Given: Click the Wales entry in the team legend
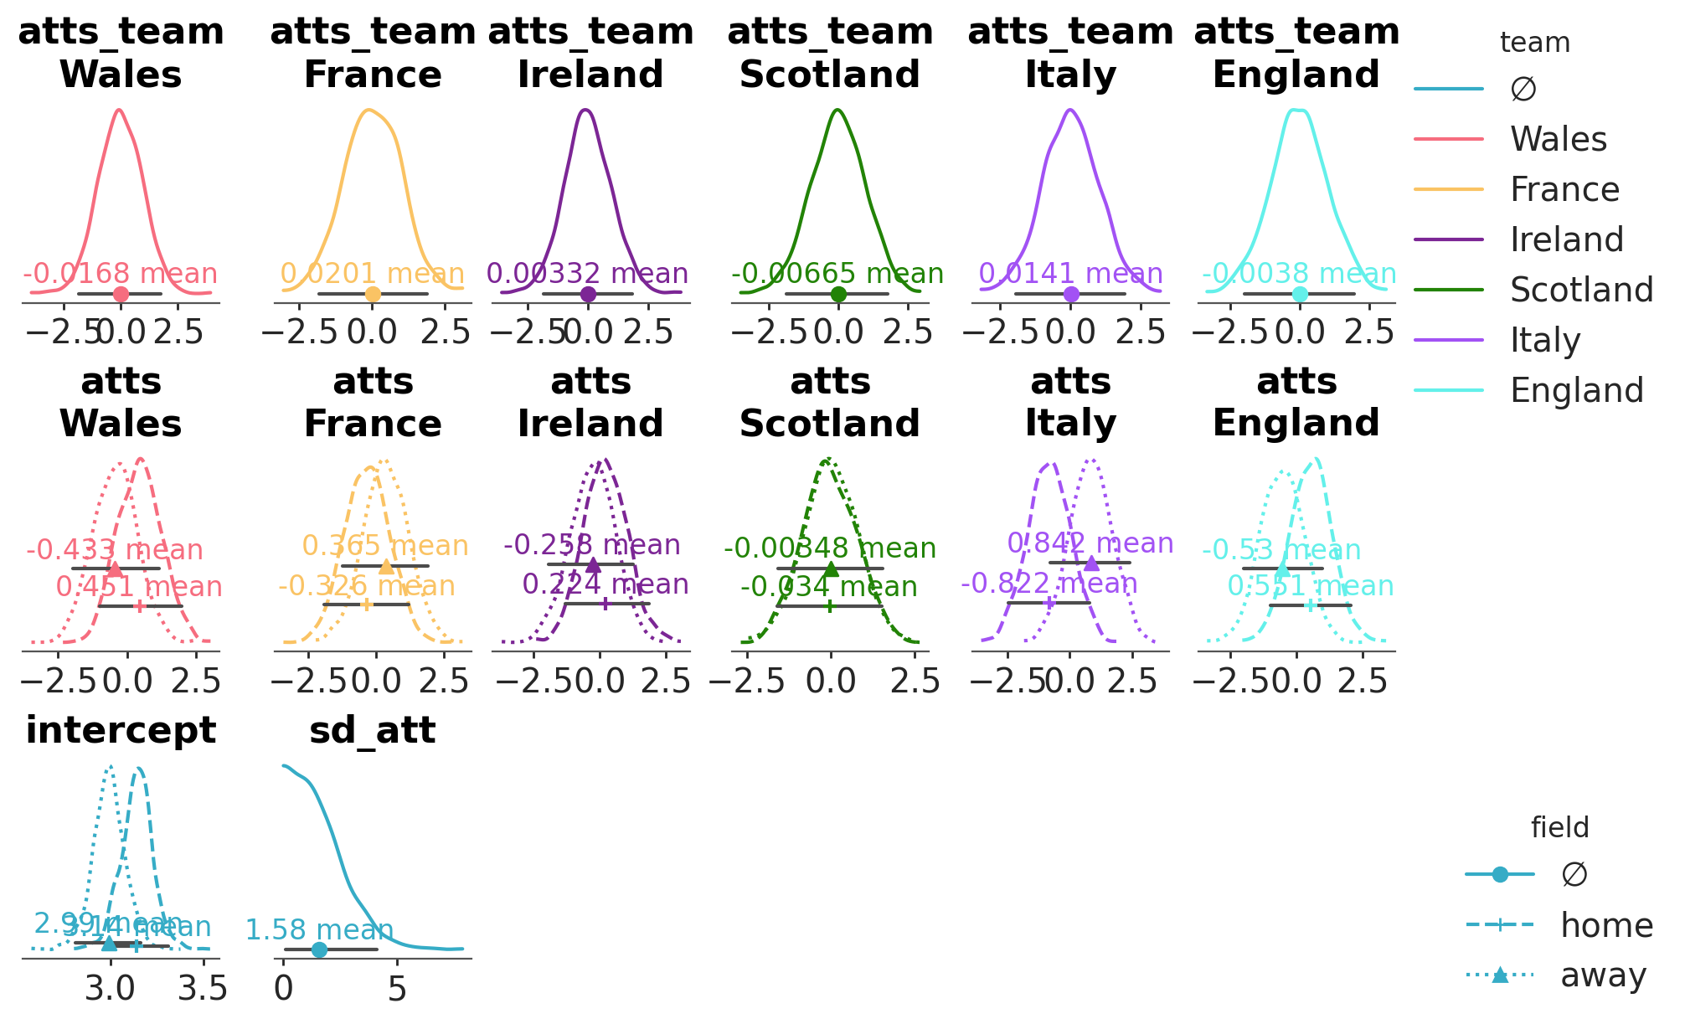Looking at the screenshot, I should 1558,140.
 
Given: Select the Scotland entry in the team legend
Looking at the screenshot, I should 1581,291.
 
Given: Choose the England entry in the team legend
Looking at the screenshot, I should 1576,391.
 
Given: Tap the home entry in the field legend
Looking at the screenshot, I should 1606,926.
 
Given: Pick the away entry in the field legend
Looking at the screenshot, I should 1603,976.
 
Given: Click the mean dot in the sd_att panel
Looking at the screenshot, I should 319,949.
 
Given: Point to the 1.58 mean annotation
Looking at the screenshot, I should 319,930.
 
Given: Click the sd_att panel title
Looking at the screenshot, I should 373,731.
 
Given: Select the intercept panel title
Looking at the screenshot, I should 121,731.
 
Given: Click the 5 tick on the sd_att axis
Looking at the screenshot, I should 398,990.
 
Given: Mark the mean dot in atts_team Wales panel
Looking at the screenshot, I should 121,294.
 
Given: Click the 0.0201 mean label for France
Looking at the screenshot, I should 372,274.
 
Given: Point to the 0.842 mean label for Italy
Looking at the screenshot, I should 1090,543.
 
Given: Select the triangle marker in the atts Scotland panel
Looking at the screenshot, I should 831,569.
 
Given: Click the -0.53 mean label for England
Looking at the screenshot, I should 1281,551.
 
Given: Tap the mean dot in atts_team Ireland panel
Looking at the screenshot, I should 588,294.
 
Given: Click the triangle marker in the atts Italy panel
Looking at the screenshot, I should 1091,563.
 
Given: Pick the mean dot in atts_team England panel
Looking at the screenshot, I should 1299,294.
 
